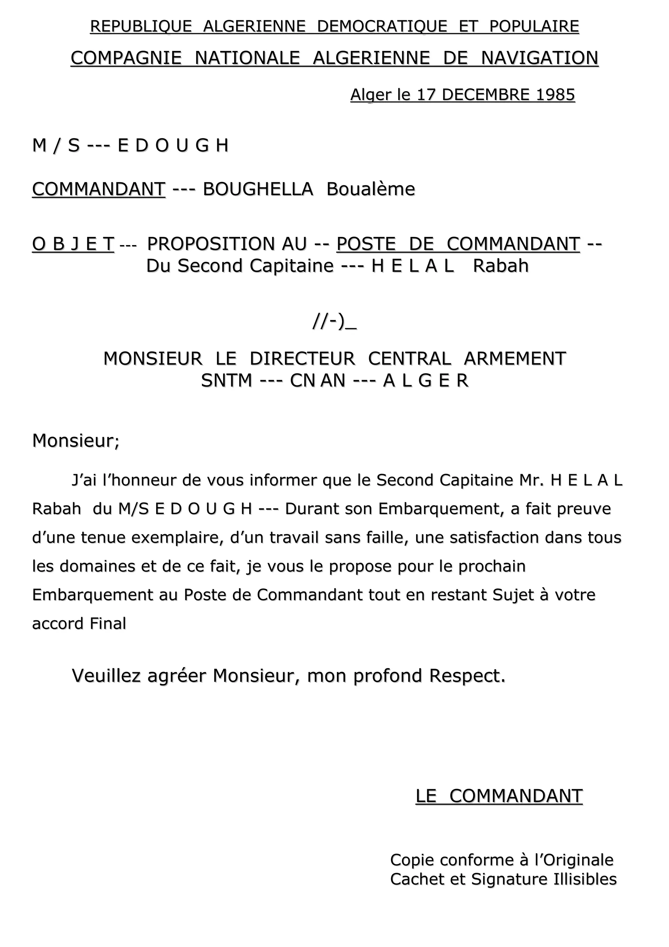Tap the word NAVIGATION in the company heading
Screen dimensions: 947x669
pos(540,58)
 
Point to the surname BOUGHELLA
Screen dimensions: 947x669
pos(258,189)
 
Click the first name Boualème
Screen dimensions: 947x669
pos(370,189)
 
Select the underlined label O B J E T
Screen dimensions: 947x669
pos(73,244)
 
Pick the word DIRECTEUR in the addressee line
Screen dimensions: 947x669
pos(302,358)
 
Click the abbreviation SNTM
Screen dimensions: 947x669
pos(226,380)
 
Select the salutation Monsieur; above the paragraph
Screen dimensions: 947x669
pos(76,441)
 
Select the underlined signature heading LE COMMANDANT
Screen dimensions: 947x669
pos(499,796)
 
